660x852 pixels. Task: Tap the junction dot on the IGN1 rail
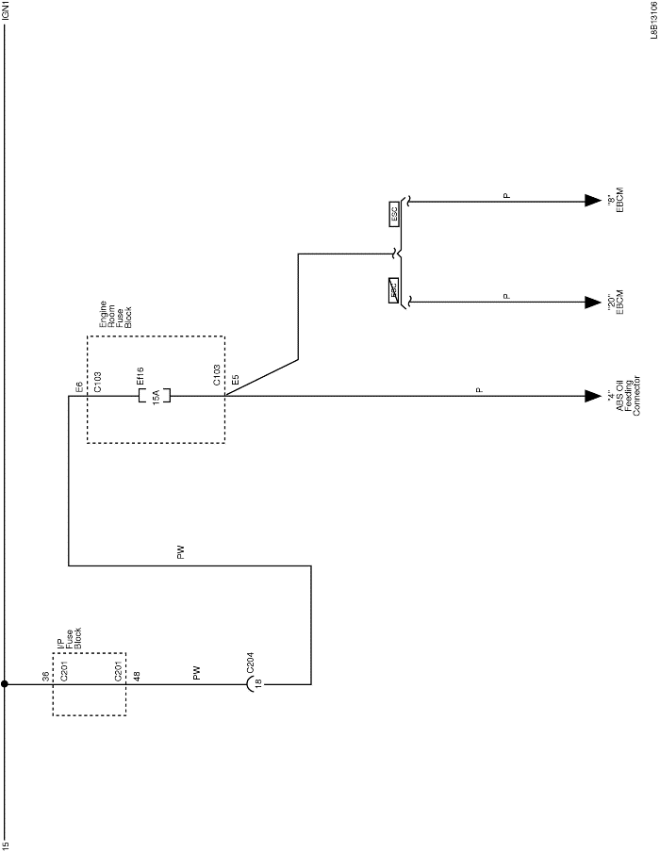(6, 685)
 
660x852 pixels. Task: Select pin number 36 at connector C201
(45, 676)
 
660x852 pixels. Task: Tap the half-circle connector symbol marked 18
(252, 685)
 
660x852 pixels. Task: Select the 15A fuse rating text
(156, 396)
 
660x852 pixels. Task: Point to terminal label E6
(78, 387)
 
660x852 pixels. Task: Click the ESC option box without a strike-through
(394, 214)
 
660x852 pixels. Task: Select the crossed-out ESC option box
(394, 290)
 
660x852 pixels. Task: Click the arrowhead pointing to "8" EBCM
(592, 201)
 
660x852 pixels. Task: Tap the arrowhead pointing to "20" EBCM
(592, 303)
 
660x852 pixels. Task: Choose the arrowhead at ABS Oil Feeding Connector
(592, 396)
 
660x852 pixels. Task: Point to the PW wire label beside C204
(196, 674)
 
